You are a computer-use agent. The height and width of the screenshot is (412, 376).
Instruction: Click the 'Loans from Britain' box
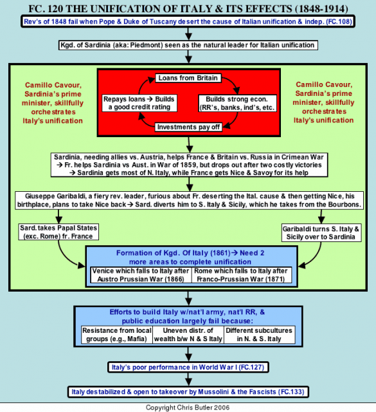tap(188, 78)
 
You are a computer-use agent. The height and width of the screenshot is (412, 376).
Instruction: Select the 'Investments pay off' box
tap(188, 127)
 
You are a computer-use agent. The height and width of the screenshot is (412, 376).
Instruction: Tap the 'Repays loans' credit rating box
tap(139, 103)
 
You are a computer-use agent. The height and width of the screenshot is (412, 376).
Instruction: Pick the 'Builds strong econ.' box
tap(237, 103)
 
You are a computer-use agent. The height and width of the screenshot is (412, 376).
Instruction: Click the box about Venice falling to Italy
tap(141, 275)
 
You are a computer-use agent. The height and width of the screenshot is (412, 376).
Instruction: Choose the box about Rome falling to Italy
tap(242, 275)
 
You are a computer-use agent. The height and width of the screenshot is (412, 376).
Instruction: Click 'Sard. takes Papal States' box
tap(58, 232)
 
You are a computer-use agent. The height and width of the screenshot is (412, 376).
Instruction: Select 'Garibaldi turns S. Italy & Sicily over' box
tap(321, 233)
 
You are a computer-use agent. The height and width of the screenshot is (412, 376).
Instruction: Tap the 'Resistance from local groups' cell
tap(117, 335)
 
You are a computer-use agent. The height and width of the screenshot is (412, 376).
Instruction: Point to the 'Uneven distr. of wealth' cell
tap(188, 335)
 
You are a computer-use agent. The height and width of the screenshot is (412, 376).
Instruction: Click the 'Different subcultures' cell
tap(259, 335)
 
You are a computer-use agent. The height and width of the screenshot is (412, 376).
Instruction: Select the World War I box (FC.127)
tap(188, 367)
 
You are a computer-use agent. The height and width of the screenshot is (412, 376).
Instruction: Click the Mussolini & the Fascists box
tap(188, 392)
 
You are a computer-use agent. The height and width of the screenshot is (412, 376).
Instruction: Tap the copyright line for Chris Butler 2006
tap(188, 407)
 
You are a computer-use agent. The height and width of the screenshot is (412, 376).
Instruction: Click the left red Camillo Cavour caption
tap(53, 103)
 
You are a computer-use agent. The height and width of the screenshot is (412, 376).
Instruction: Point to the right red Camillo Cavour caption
tap(323, 102)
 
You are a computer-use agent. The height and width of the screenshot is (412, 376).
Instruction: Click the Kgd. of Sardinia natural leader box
tap(188, 45)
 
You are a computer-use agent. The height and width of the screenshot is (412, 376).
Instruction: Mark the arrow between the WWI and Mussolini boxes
tap(188, 379)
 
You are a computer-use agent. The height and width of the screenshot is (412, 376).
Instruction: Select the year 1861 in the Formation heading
tap(220, 253)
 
